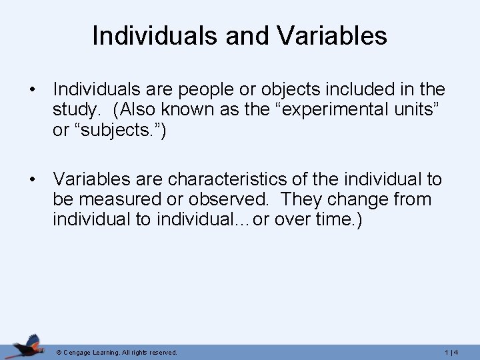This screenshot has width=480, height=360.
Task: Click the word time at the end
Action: [x=329, y=220]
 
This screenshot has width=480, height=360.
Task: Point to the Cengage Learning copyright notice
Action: [x=117, y=352]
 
